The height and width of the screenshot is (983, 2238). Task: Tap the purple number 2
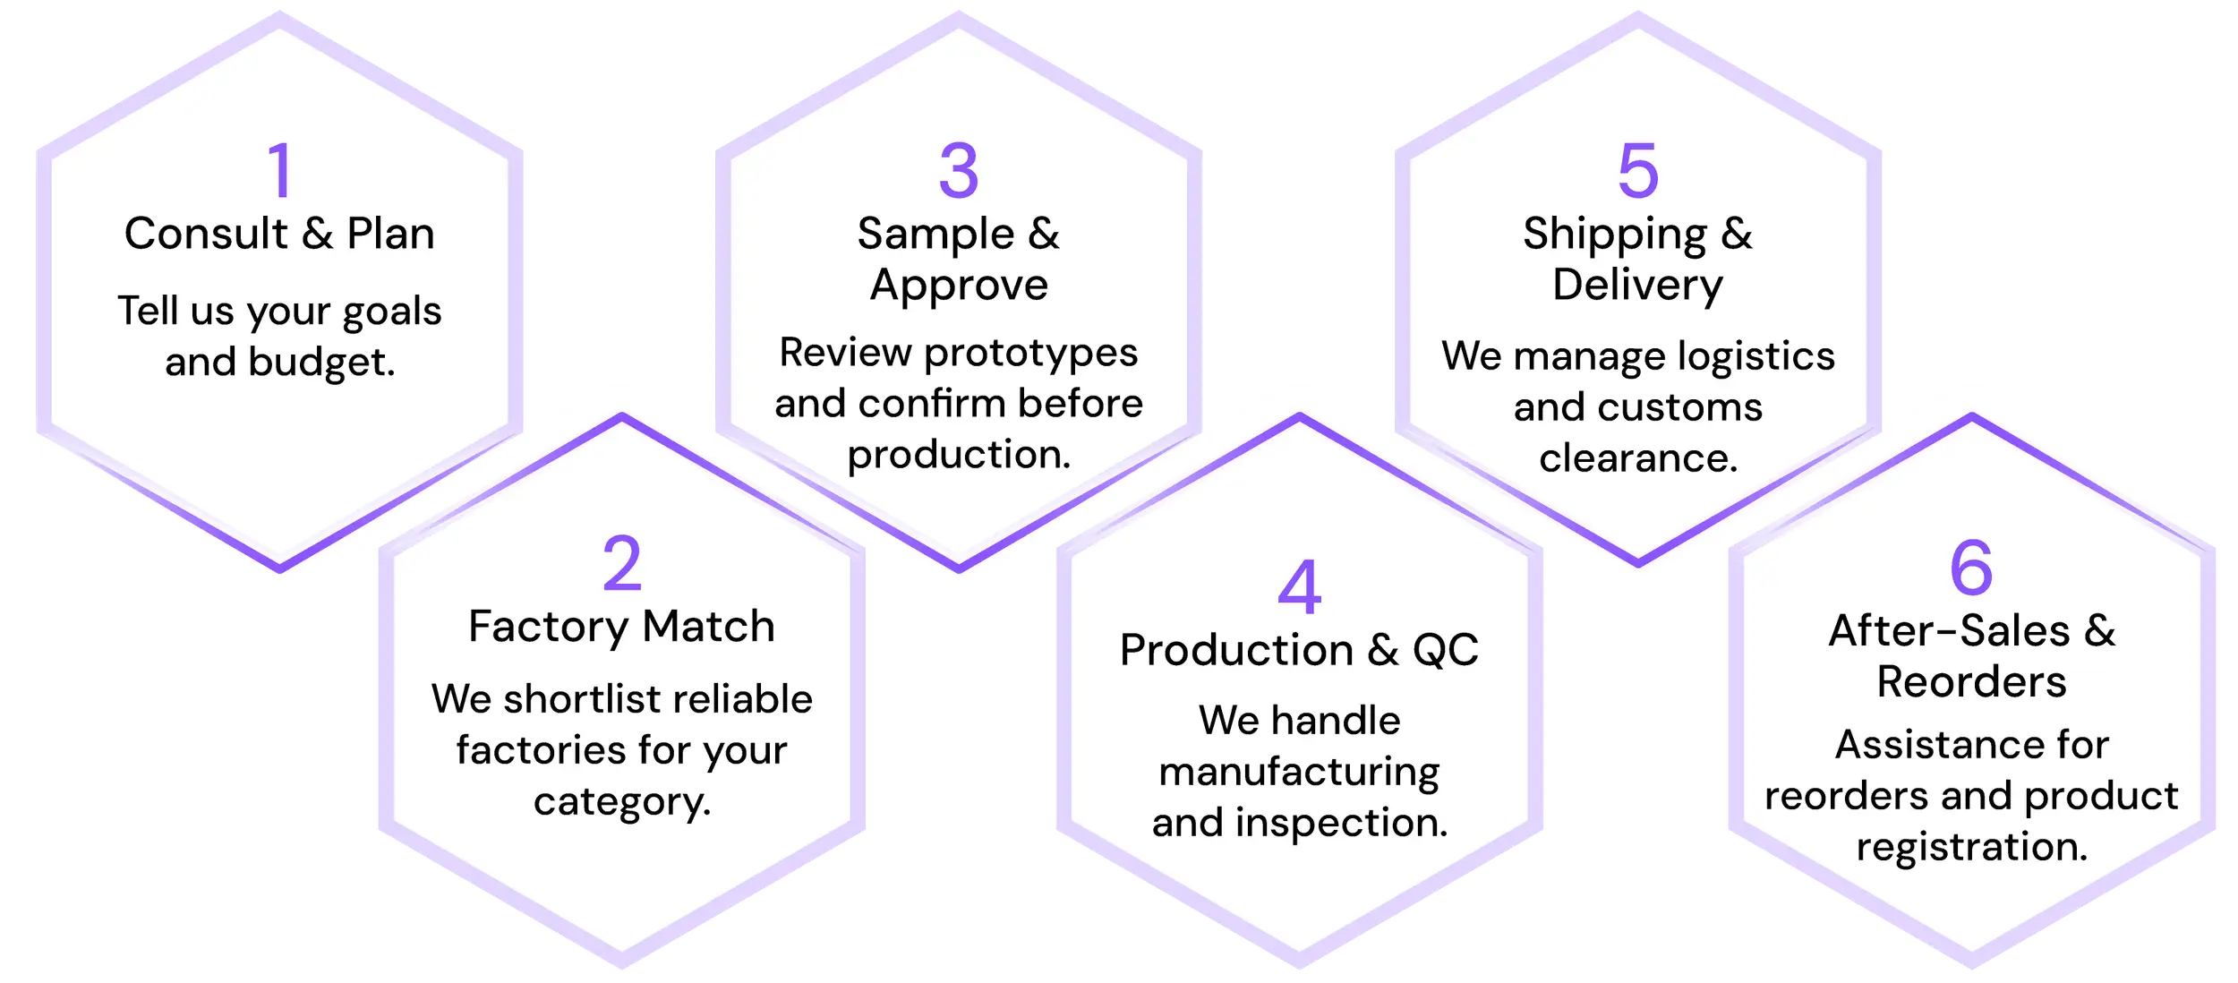tap(622, 563)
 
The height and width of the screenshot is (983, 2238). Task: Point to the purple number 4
tap(1299, 587)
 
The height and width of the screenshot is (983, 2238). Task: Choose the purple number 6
tap(1971, 568)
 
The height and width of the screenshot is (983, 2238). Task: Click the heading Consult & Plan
tap(279, 234)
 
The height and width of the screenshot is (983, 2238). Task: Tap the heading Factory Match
tap(621, 627)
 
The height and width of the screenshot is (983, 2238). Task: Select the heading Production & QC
tap(1299, 650)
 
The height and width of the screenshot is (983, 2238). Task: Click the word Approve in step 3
tap(959, 286)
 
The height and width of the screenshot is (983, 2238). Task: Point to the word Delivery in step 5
tap(1637, 286)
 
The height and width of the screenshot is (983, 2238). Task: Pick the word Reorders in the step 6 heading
tap(1971, 682)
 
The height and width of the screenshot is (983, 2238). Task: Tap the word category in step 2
tap(619, 802)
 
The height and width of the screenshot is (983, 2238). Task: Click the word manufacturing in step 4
tap(1299, 772)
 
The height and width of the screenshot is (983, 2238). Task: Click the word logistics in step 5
tap(1756, 357)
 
